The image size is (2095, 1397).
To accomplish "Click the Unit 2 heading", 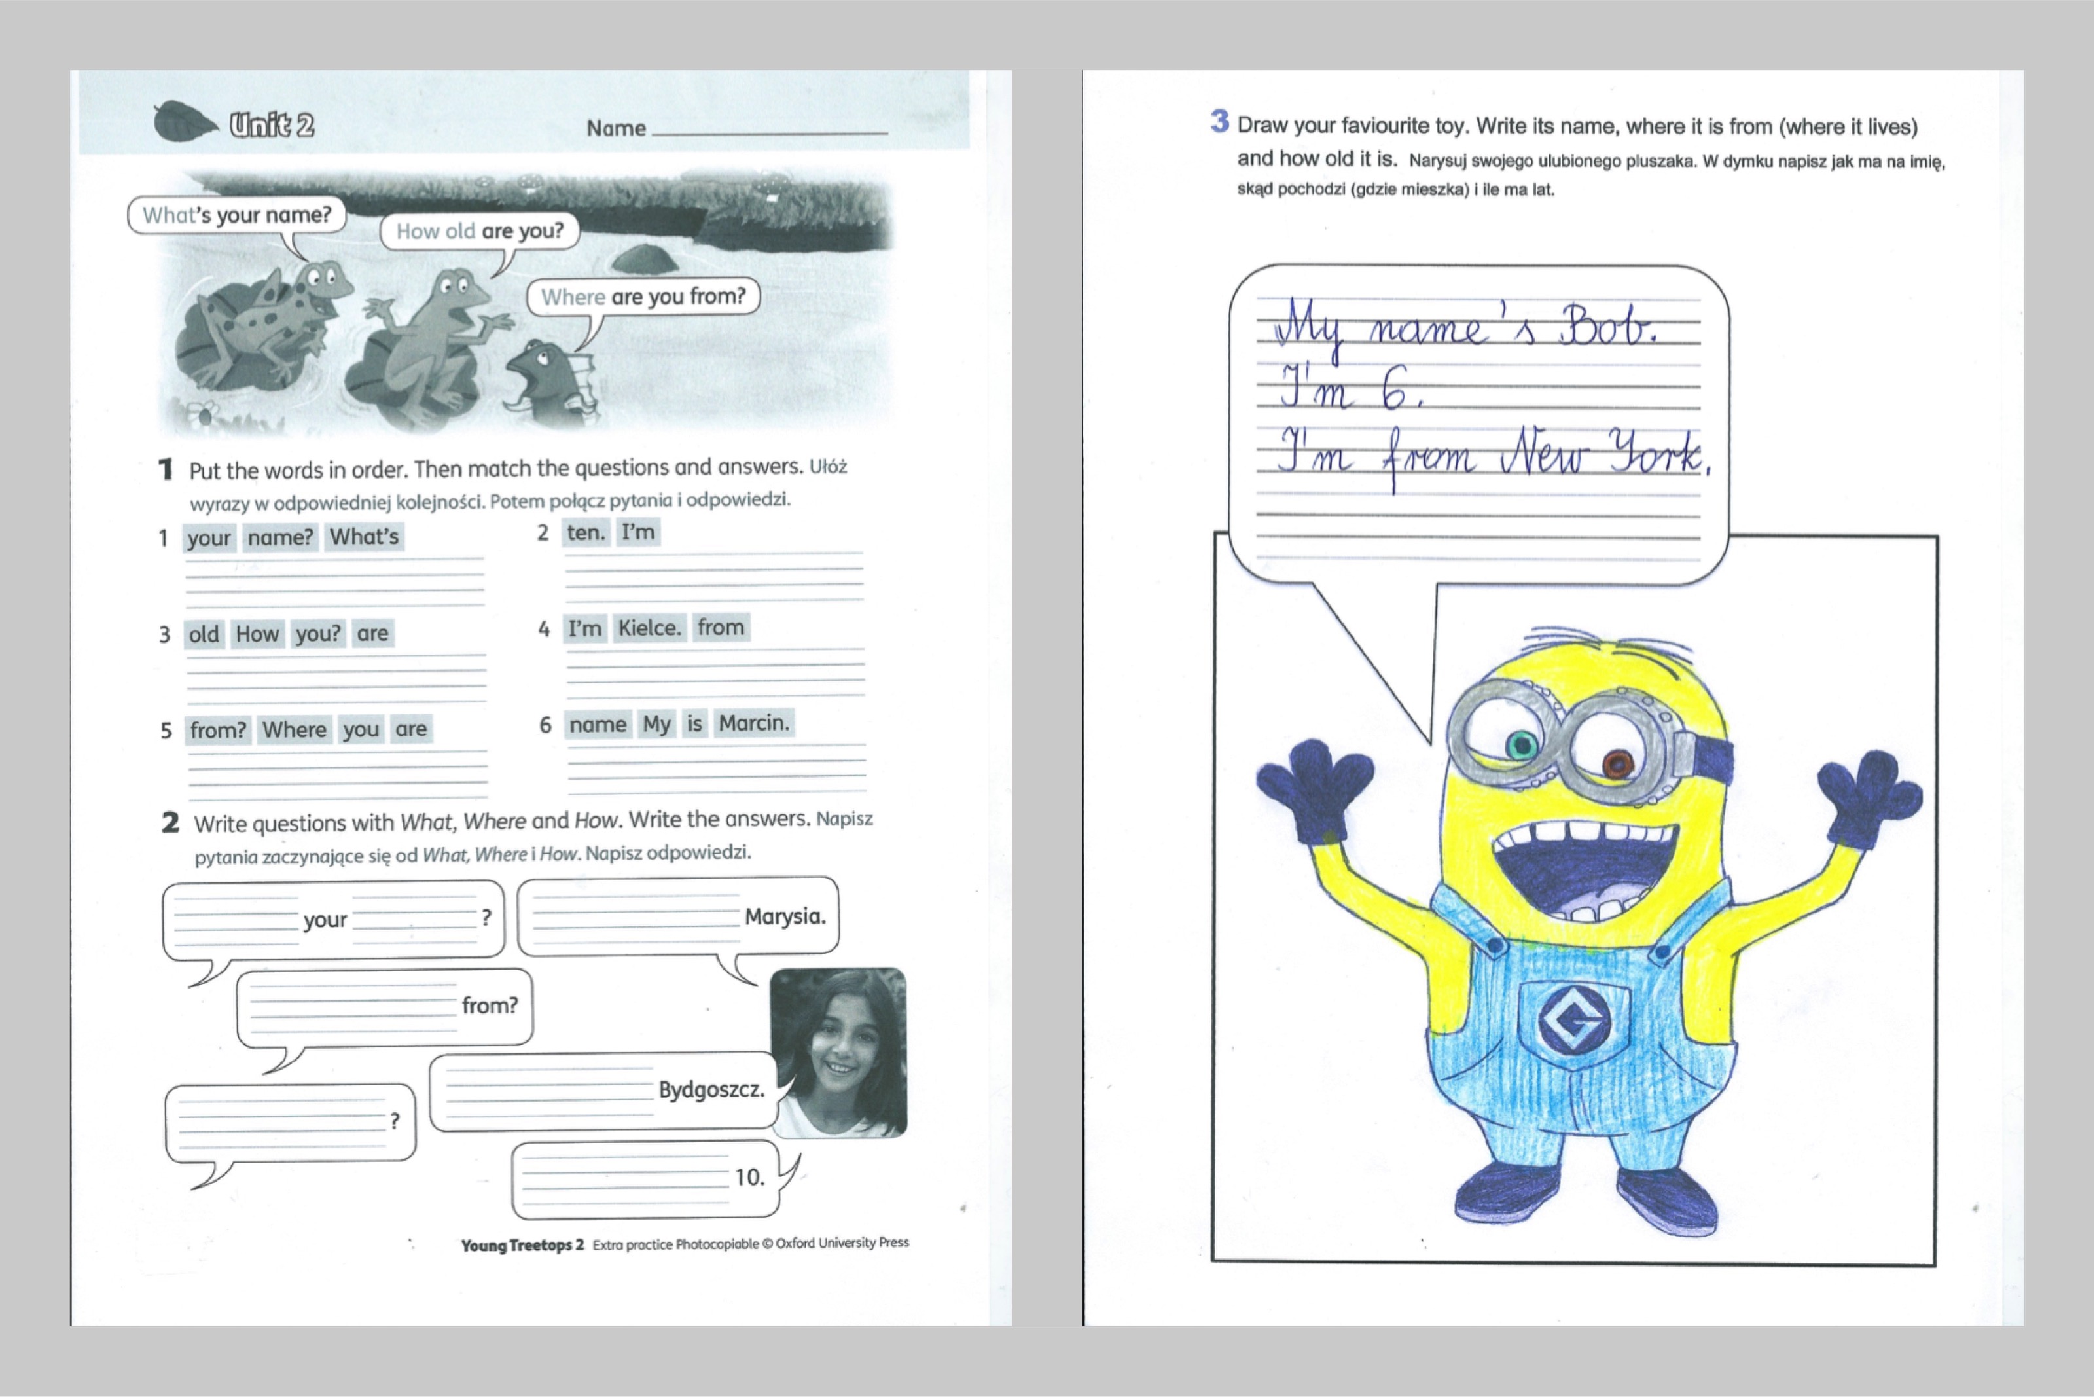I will click(x=272, y=125).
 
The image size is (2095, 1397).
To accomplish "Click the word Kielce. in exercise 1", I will click(x=649, y=628).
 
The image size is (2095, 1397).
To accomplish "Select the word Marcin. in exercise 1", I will click(x=755, y=723).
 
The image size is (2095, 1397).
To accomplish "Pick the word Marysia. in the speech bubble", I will click(x=785, y=916).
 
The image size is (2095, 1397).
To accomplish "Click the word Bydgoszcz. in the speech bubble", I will click(x=711, y=1089).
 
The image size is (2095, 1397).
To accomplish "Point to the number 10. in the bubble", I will click(x=749, y=1177).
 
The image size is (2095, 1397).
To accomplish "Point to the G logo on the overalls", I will click(x=1572, y=1022).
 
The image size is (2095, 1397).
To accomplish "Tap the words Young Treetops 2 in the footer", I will click(x=522, y=1244).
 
